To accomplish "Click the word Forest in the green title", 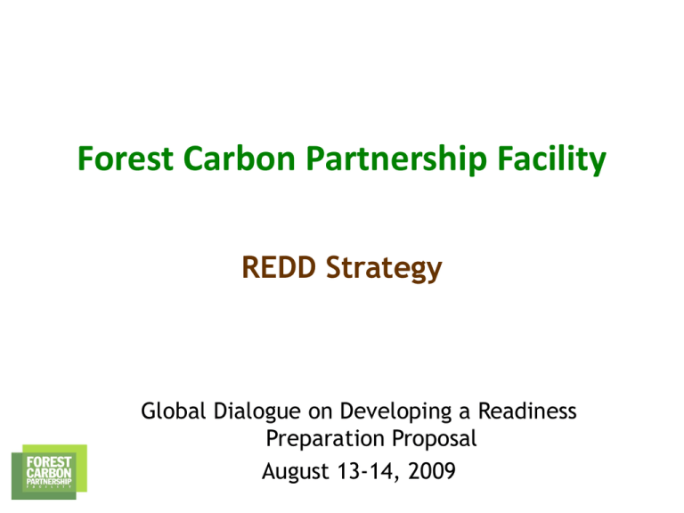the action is point(126,159).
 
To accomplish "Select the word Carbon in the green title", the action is point(240,159).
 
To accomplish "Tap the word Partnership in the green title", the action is point(396,159).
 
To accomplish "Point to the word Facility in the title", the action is point(552,159).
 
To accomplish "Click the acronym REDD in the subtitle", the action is point(279,267).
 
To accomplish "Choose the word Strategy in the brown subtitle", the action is point(384,269).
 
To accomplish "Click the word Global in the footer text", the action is point(173,411).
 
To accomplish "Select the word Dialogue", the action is point(256,412).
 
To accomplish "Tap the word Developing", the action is point(395,412).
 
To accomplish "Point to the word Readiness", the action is point(527,411).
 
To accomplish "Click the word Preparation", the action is point(324,439).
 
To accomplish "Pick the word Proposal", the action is point(434,439).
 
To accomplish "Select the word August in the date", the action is point(296,472).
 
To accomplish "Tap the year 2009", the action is point(432,471).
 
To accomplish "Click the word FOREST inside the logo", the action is point(49,462).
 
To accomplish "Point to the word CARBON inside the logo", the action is point(49,472).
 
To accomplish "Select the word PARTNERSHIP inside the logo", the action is point(49,481).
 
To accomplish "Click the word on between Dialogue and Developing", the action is point(321,413).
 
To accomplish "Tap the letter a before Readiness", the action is point(465,413).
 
